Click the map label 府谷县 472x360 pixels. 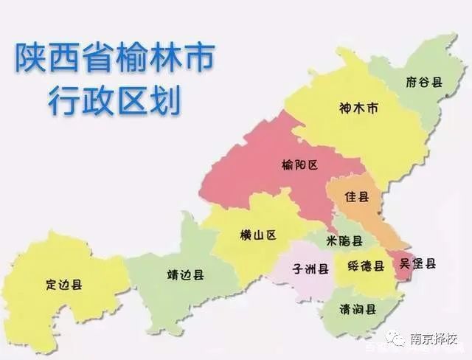click(x=424, y=82)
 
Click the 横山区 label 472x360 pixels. click(x=257, y=235)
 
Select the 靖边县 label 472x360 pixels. click(x=186, y=274)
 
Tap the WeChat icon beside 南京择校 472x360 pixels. click(x=399, y=340)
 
